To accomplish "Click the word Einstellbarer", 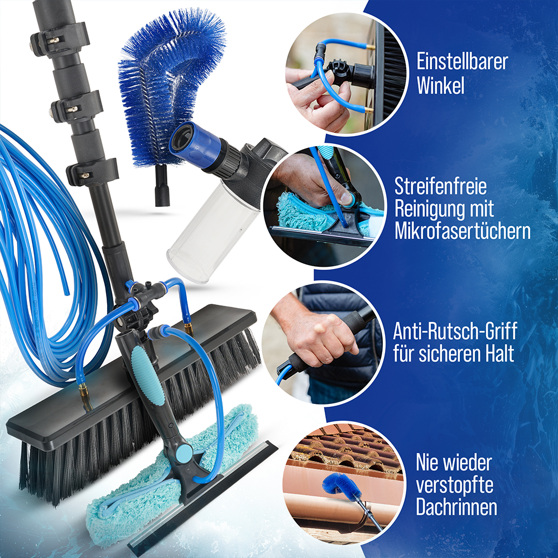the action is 462,61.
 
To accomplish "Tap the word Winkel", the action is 441,85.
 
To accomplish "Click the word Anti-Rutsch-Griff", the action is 455,331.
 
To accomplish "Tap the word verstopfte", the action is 454,485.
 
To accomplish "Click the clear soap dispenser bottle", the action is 213,233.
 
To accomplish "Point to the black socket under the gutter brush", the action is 162,186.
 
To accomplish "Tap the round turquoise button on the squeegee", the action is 184,454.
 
